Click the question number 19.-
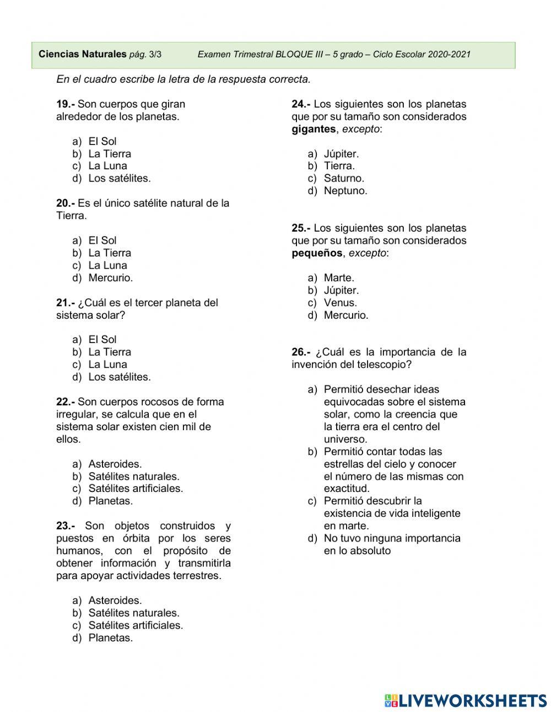coord(66,104)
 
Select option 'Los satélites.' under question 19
coord(119,178)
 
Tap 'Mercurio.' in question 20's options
coord(110,277)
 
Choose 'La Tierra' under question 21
coord(110,352)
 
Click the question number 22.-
coord(66,401)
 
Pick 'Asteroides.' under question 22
coord(115,464)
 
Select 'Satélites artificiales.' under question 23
coord(136,625)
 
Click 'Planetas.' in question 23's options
coord(110,638)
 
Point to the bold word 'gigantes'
coord(314,129)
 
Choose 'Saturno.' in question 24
coord(344,178)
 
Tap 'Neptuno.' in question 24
coord(345,191)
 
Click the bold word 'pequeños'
coord(317,253)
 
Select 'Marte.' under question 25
coord(339,277)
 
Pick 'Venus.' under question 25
coord(340,302)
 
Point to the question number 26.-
coord(301,352)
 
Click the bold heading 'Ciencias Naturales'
coord(83,54)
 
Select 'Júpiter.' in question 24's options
coord(341,154)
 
